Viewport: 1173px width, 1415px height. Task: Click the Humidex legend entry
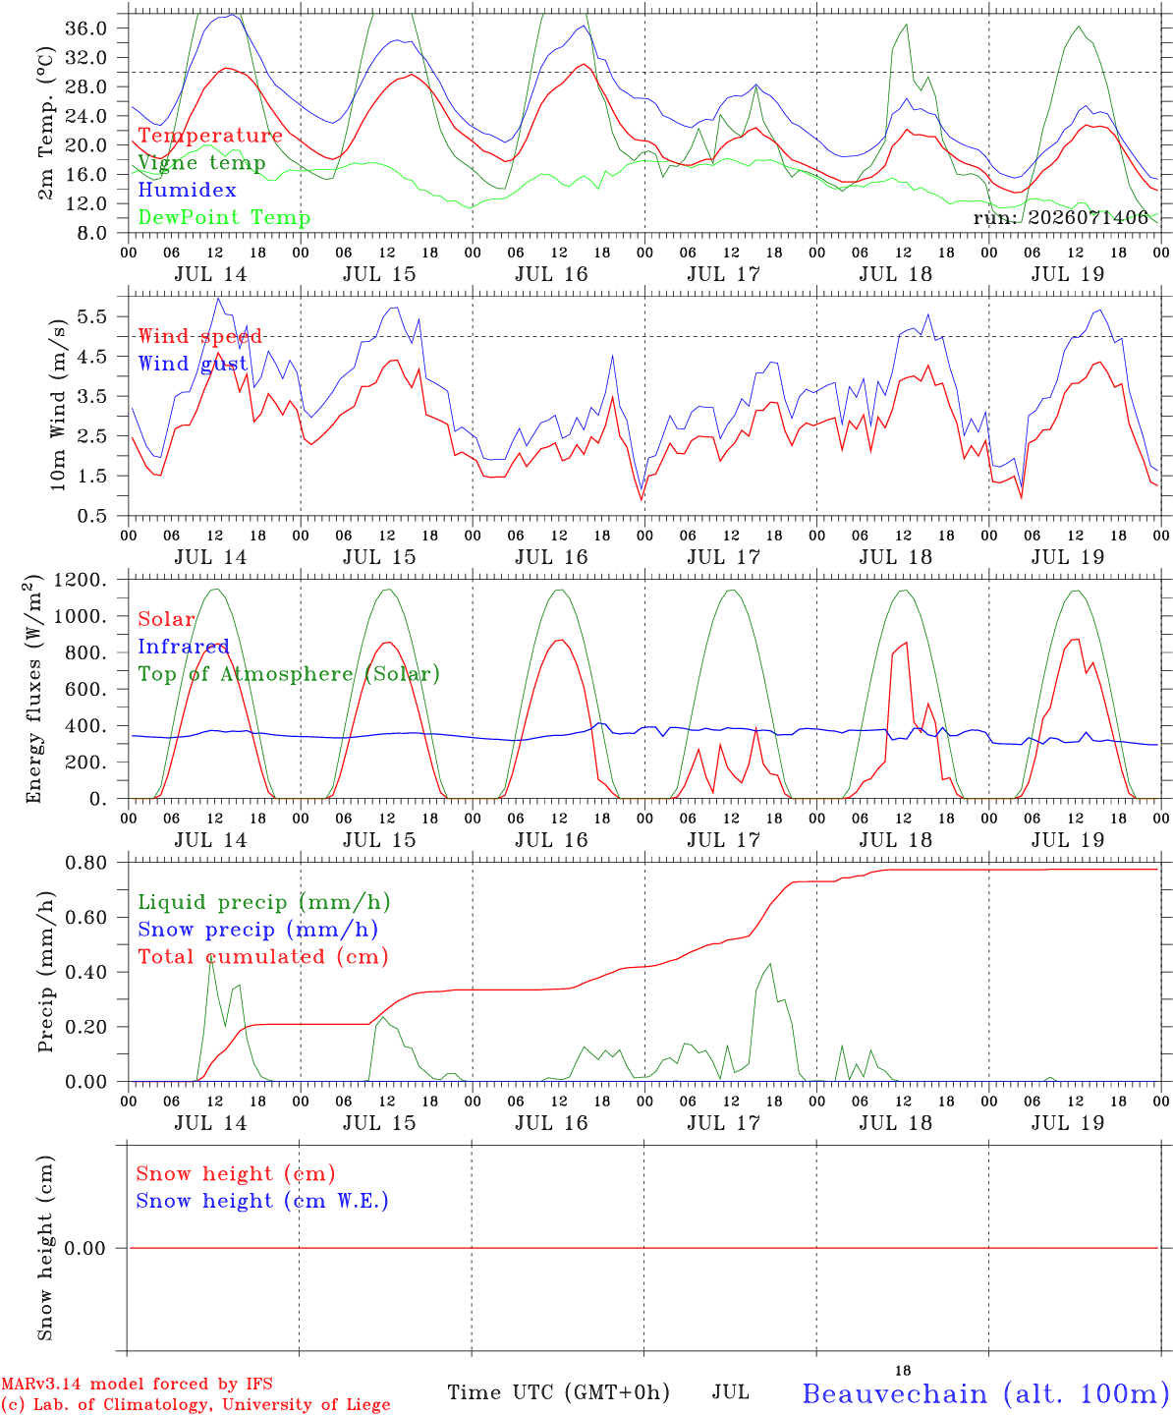click(187, 190)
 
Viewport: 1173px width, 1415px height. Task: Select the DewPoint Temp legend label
click(224, 217)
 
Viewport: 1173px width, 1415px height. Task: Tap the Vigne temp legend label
click(201, 163)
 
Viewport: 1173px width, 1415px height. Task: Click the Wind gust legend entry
click(193, 364)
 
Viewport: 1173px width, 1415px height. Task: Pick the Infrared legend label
click(183, 647)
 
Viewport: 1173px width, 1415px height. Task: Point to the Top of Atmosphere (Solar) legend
click(289, 674)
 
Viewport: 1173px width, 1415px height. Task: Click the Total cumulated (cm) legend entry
click(263, 957)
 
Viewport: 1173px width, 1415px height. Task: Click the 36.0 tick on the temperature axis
click(86, 28)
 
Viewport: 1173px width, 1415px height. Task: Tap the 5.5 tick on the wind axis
click(92, 317)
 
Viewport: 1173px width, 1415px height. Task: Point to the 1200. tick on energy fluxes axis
click(81, 580)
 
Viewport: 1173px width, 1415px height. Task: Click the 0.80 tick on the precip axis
click(86, 864)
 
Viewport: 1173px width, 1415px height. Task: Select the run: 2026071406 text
click(1060, 217)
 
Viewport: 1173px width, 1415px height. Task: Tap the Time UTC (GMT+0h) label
click(558, 1392)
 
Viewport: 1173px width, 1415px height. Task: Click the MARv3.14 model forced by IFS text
click(137, 1384)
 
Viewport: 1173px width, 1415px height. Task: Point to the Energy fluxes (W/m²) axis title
click(33, 689)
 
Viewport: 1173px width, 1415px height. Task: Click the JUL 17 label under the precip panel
click(723, 1123)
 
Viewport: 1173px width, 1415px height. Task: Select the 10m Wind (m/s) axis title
click(58, 405)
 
